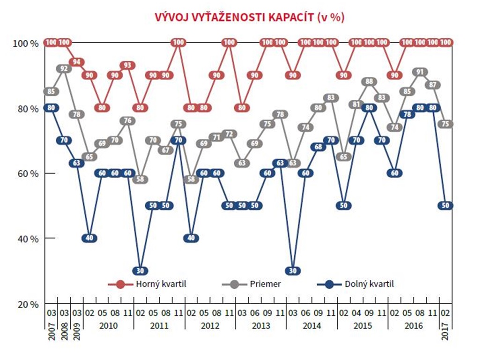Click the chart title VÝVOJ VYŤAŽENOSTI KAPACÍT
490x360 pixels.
point(250,18)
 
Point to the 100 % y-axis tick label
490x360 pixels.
point(28,43)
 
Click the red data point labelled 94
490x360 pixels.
point(77,62)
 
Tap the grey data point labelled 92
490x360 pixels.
point(64,69)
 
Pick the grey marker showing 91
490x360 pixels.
point(420,72)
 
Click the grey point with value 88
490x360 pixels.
point(370,82)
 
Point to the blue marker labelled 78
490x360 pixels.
point(408,114)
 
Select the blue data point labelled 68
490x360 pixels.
point(319,147)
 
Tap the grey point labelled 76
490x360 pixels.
point(127,121)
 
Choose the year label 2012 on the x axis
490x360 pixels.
point(209,325)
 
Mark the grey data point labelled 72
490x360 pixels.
point(230,134)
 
